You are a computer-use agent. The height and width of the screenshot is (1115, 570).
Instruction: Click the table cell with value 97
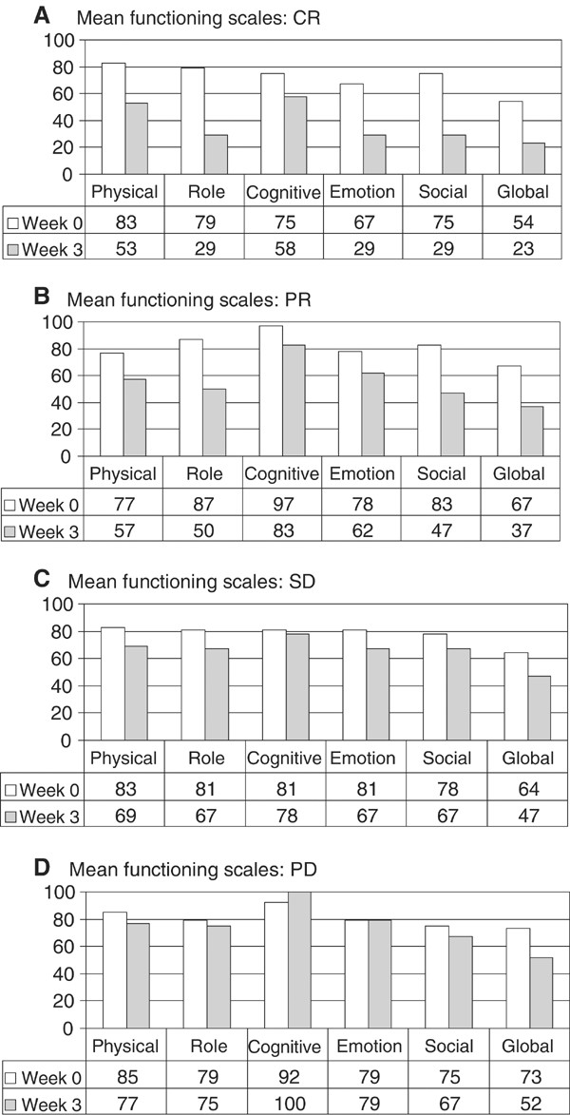pyautogui.click(x=282, y=503)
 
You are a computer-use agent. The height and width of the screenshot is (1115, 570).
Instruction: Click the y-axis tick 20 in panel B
pyautogui.click(x=61, y=430)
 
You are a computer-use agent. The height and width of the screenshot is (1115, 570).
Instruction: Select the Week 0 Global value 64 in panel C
pyautogui.click(x=522, y=788)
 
